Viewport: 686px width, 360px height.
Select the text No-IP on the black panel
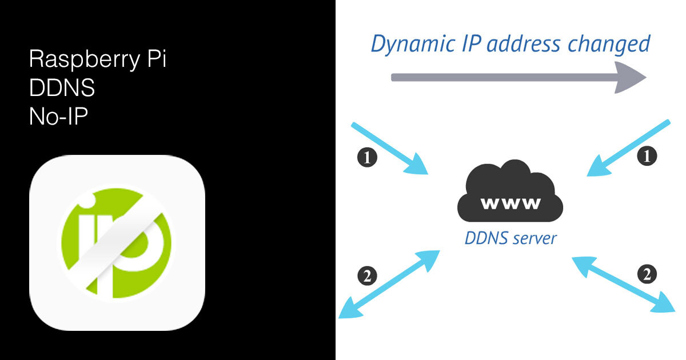[x=57, y=117]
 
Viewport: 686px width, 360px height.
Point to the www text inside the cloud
[x=510, y=203]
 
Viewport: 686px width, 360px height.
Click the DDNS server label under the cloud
[x=510, y=238]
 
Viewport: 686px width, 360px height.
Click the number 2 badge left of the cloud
[x=366, y=277]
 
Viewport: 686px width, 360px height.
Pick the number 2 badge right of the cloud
[x=647, y=275]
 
